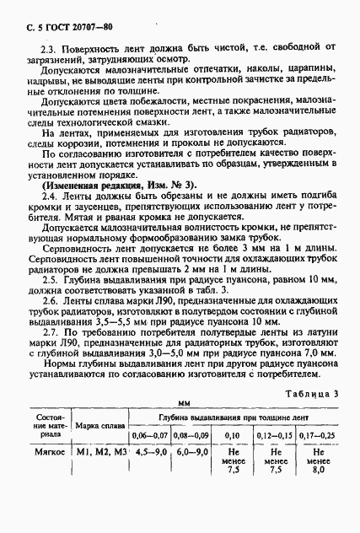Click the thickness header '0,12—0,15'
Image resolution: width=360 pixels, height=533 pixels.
tap(273, 435)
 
